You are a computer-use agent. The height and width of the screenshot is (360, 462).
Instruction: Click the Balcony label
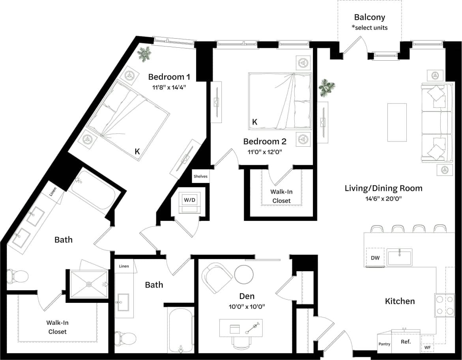(369, 17)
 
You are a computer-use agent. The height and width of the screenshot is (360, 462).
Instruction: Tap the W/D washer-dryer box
(189, 200)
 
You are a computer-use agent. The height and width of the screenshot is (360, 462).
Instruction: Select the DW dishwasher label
(375, 258)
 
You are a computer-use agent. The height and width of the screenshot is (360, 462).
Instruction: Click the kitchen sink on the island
(399, 257)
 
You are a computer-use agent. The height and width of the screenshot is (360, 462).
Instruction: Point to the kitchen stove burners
(444, 305)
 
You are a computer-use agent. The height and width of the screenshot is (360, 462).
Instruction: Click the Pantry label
(384, 344)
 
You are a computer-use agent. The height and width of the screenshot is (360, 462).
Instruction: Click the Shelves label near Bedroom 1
(200, 177)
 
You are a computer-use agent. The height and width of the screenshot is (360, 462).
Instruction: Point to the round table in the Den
(244, 274)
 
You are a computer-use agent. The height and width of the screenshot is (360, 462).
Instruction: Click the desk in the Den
(241, 328)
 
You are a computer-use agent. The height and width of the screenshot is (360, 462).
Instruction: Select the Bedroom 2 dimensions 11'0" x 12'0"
(265, 151)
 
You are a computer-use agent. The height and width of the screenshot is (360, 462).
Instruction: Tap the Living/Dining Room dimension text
(383, 199)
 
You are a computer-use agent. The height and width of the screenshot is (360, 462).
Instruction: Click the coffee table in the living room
(397, 122)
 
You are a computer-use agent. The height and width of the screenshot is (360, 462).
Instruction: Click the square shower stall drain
(89, 284)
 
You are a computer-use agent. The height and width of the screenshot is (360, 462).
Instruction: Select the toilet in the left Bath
(17, 276)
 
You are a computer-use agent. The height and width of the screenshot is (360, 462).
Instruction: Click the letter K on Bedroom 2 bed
(255, 122)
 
